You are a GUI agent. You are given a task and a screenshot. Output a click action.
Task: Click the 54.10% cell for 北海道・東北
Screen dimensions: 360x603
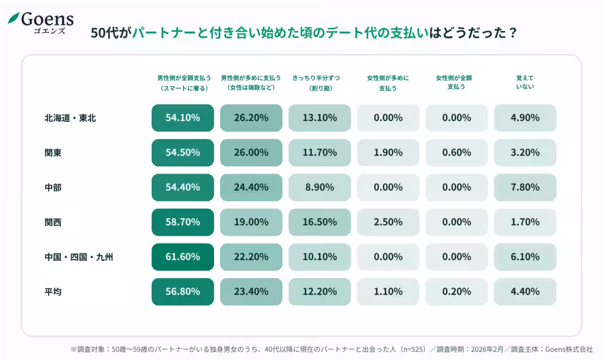point(183,118)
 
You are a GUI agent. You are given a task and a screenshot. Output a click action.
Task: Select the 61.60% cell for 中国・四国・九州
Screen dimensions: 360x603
point(183,256)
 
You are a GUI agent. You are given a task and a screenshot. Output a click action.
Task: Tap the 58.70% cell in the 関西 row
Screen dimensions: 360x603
point(183,222)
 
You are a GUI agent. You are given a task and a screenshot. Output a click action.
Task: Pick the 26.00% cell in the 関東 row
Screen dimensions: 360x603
point(251,152)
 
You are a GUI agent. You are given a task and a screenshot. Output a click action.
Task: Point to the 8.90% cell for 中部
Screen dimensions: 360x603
point(320,187)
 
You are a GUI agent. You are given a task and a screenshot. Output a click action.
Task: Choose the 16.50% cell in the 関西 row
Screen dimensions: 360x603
point(320,222)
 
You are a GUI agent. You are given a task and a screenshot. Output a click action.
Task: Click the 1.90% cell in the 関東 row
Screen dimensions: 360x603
point(388,152)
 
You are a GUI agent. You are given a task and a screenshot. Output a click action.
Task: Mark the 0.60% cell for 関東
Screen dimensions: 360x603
point(456,152)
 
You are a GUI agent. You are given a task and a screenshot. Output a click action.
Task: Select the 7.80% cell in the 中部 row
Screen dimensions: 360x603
point(525,187)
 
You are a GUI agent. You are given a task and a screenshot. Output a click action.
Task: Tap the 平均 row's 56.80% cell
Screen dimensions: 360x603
point(183,291)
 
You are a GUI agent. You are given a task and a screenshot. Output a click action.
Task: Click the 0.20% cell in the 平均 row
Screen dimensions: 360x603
point(456,291)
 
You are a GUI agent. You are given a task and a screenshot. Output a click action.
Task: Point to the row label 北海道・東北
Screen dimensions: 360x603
point(70,118)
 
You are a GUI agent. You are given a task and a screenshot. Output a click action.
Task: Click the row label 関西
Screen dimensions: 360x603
point(53,222)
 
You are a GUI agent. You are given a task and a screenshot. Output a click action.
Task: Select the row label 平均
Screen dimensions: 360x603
point(53,291)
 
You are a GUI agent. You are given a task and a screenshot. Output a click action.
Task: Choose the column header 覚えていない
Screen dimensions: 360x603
point(525,82)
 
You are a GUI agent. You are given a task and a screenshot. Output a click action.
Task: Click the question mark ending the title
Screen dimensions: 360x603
point(513,33)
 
